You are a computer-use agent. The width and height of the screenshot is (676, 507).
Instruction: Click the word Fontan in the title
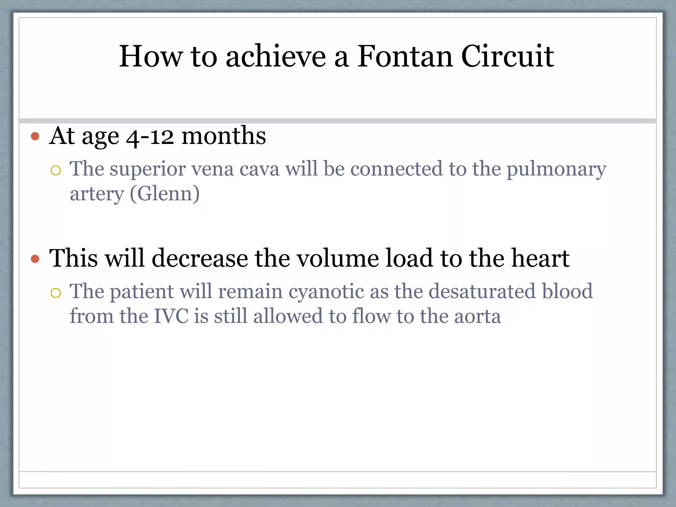click(x=405, y=56)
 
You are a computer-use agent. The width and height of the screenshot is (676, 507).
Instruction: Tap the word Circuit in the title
click(x=507, y=56)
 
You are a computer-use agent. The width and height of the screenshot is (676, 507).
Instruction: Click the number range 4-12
click(x=150, y=137)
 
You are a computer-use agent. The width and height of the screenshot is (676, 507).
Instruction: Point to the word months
click(x=224, y=136)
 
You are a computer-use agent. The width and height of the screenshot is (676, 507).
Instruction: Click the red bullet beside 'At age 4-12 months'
click(x=35, y=136)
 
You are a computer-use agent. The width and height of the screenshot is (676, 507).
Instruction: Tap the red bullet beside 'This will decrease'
click(x=35, y=259)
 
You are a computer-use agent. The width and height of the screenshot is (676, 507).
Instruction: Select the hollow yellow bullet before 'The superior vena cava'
click(x=56, y=171)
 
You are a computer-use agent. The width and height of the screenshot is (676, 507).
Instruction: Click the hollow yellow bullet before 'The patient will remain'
click(x=56, y=293)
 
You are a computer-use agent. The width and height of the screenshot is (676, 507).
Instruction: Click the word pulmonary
click(x=556, y=170)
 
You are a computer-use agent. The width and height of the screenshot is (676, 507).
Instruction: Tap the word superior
click(x=148, y=170)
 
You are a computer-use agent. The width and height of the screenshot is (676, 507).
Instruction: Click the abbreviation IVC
click(x=171, y=316)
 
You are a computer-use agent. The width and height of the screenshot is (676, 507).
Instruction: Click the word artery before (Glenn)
click(x=97, y=194)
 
